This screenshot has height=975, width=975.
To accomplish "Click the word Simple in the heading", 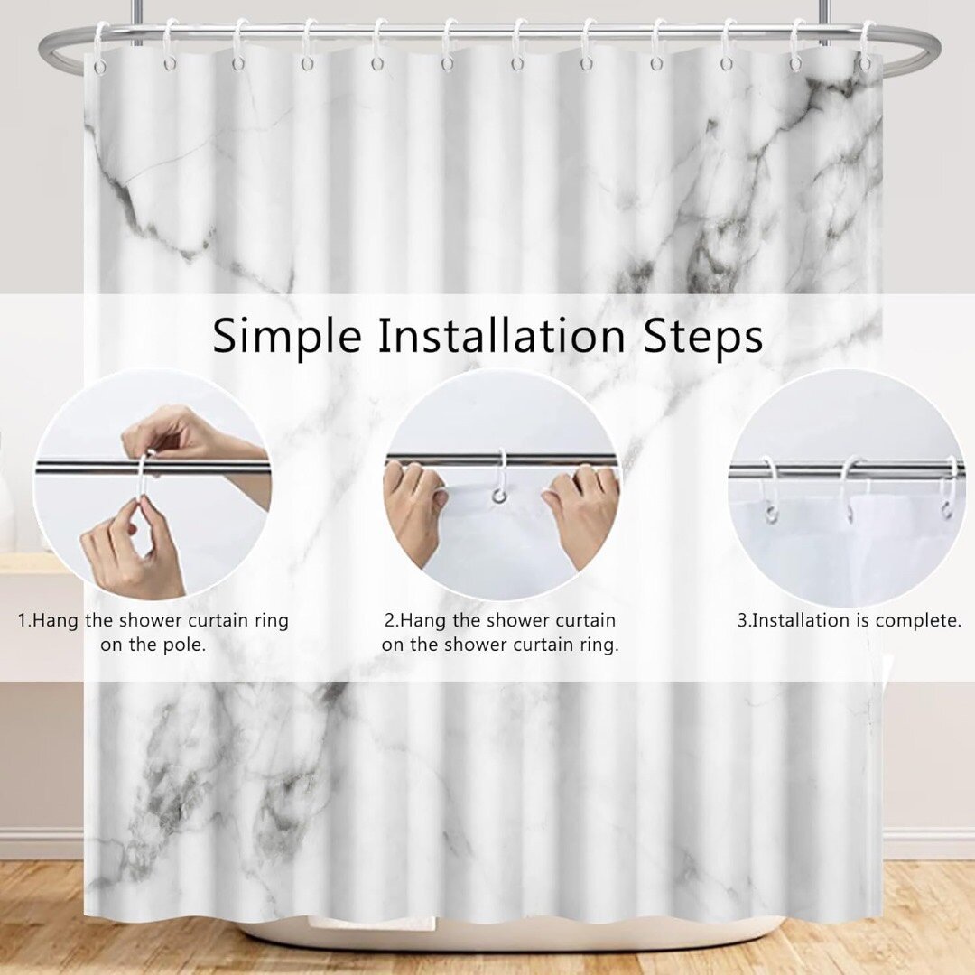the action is point(287,337).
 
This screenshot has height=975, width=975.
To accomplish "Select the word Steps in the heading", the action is point(703,337).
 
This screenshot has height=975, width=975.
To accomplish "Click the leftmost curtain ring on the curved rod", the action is point(101,47).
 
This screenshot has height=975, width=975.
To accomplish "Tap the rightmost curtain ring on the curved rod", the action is point(867,47).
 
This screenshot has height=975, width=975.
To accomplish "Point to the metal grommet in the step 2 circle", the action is point(498,496).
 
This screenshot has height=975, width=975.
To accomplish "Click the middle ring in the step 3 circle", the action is point(850,488).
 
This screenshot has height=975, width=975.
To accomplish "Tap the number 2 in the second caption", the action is point(389,620).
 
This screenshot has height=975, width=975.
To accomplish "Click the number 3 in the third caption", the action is point(742,620).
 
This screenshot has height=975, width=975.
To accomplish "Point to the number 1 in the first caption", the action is point(23,620).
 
